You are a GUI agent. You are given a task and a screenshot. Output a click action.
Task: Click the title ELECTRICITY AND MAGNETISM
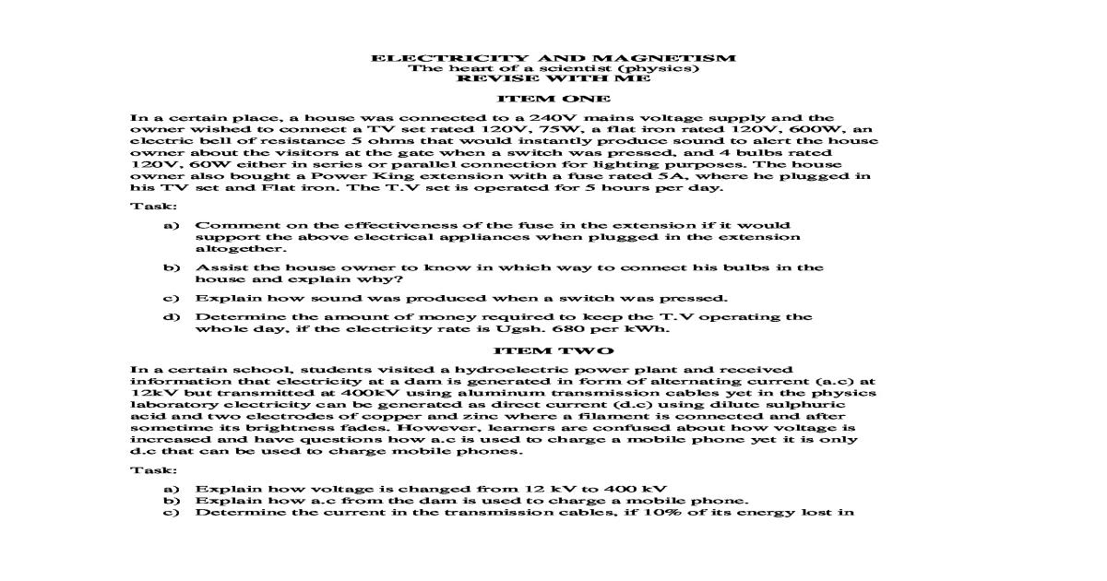(553, 57)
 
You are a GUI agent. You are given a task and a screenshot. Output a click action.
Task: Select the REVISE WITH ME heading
(553, 78)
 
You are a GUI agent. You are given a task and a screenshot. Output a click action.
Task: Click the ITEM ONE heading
(553, 98)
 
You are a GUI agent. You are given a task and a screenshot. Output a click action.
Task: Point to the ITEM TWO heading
(553, 351)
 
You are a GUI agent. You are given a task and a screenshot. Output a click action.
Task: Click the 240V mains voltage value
(530, 118)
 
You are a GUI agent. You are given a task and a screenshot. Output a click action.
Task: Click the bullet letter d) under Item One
(170, 317)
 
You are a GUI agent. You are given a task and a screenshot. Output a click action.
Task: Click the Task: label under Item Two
(148, 469)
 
